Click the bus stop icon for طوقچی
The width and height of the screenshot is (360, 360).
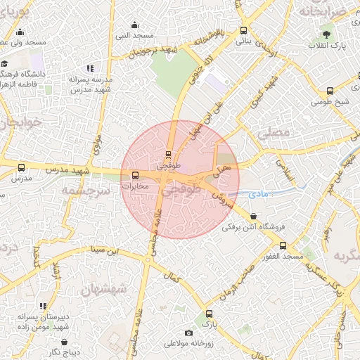coord(169,154)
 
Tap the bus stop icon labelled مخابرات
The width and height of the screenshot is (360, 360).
coord(135,176)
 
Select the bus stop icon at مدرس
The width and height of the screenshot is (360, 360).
coord(20,168)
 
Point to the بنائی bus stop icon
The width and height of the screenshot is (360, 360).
coord(244,30)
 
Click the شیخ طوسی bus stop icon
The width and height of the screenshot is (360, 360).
coord(330,91)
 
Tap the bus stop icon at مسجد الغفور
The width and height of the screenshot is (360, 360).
coord(283,245)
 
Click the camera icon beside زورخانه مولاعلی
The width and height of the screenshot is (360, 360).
coord(188,333)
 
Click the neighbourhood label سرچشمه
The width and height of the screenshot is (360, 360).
coord(84,191)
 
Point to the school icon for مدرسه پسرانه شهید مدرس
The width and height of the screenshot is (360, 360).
coord(89,68)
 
